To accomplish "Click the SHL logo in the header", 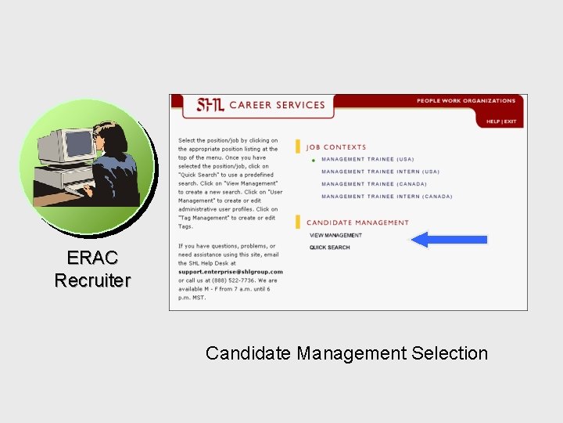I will coord(210,105).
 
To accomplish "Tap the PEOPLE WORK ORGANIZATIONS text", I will coord(466,101).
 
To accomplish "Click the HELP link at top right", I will coord(493,121).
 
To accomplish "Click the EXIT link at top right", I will coord(510,121).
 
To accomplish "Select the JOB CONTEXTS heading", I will coord(335,146).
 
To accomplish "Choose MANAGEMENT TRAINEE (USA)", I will coord(368,159).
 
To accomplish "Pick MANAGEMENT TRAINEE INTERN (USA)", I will coord(380,172).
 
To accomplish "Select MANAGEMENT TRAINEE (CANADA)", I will coord(374,184).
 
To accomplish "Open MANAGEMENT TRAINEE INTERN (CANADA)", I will coord(386,197).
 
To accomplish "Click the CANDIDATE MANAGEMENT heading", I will coord(357,222).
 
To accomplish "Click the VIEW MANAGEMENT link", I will coord(335,235).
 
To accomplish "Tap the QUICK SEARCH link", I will coord(329,248).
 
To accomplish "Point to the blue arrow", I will coord(449,240).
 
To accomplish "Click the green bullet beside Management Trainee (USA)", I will coord(313,160).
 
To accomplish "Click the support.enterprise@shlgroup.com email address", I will coord(230,272).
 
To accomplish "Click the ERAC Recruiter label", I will coord(92,269).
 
